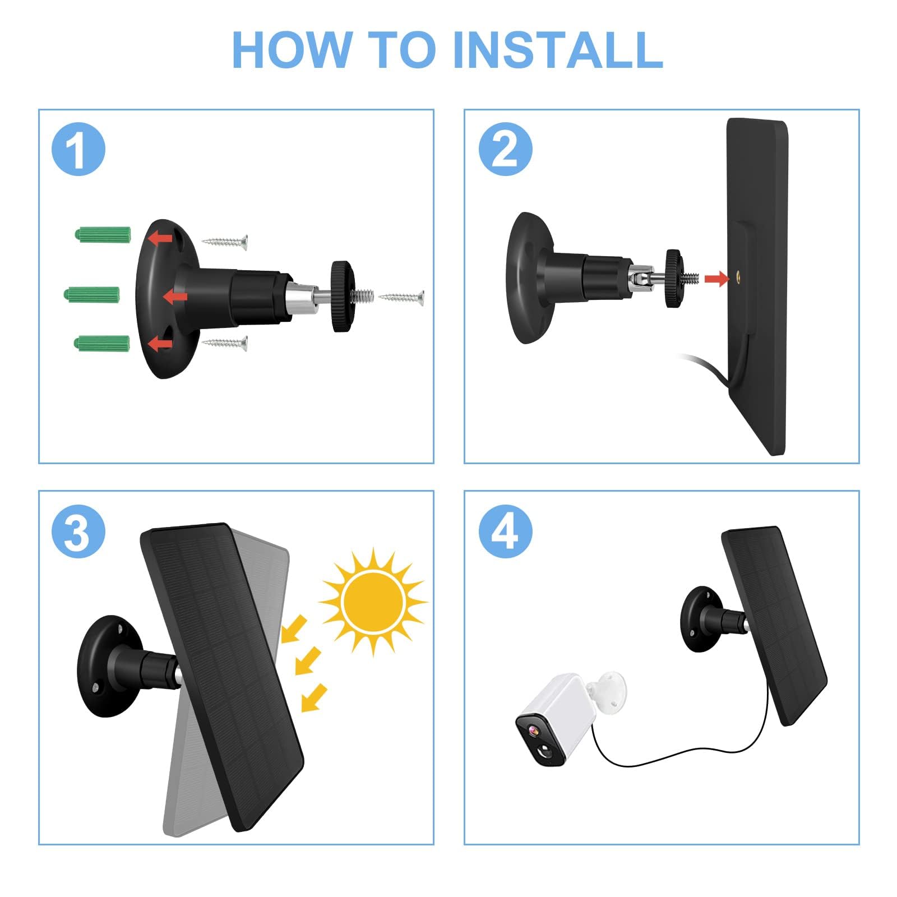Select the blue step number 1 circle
pos(78,149)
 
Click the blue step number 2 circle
pos(505,149)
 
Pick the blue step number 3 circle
pos(78,531)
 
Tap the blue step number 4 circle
pos(505,531)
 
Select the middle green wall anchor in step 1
pos(92,294)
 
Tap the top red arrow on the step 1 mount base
pos(160,238)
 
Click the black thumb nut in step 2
pos(673,279)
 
